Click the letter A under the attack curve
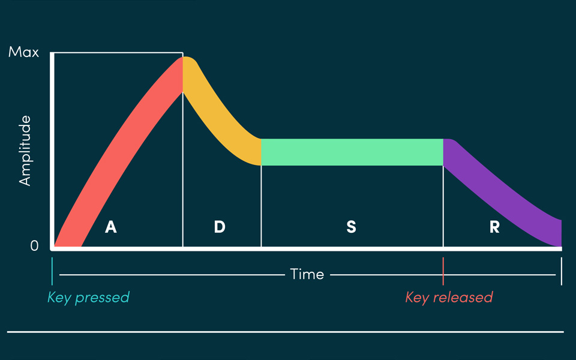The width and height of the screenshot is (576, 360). [110, 227]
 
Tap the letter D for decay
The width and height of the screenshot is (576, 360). [220, 227]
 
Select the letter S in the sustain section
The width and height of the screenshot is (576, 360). [351, 227]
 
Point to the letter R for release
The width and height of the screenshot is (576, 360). [494, 227]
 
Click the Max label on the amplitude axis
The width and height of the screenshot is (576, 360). [23, 52]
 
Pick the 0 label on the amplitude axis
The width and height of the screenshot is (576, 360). [34, 245]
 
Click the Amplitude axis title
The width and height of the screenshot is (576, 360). [25, 151]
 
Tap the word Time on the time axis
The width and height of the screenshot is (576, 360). [307, 275]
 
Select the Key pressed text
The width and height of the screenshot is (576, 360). [88, 297]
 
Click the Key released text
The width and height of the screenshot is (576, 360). [449, 297]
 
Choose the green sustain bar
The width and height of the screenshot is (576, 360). [352, 152]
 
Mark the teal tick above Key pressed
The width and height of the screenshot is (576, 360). [52, 271]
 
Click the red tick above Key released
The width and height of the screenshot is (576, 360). [443, 271]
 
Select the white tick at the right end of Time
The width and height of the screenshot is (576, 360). [561, 271]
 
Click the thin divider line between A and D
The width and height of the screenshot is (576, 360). [183, 180]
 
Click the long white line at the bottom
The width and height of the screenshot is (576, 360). [286, 332]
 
